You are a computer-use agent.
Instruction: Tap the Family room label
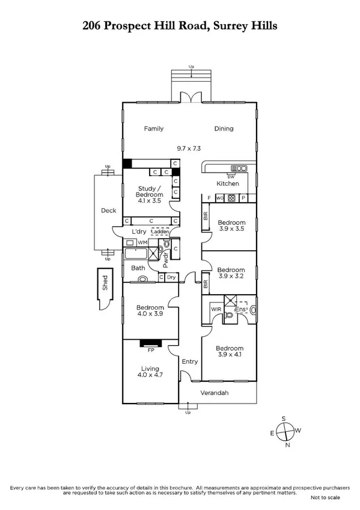153,128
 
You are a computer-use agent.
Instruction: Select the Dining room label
224,128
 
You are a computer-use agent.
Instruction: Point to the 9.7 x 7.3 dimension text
189,147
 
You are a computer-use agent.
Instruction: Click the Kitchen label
228,183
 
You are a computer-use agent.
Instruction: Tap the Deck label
108,210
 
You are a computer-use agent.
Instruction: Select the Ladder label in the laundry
160,232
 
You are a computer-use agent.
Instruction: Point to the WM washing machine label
142,242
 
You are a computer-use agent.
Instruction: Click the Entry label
189,361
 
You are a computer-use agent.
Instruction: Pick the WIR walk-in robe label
215,310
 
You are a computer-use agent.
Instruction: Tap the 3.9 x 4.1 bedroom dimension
231,355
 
